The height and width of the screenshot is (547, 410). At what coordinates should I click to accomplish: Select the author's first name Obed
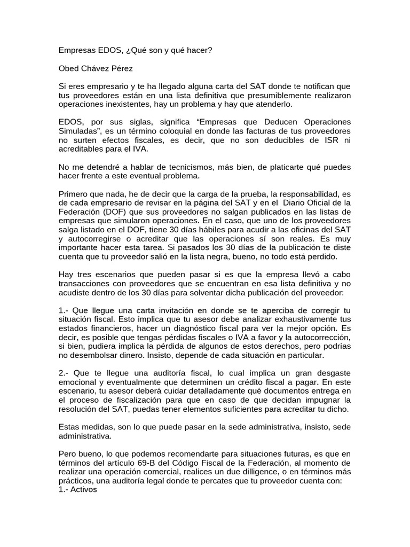tap(69, 68)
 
